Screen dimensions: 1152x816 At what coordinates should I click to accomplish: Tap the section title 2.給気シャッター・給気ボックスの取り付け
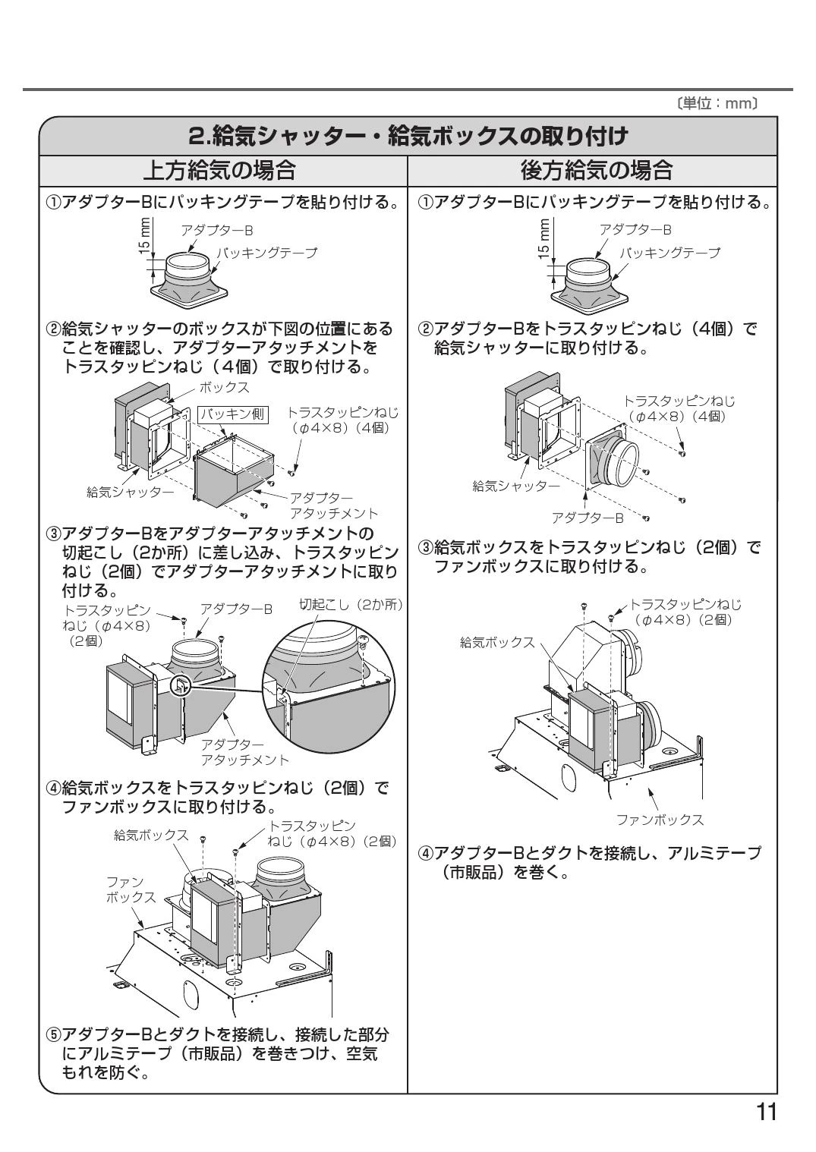tap(408, 137)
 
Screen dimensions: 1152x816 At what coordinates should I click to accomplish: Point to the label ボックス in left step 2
tap(224, 387)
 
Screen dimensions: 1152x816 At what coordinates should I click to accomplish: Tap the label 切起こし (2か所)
tap(350, 605)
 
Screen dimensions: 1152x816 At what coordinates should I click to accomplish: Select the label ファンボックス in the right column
tap(659, 820)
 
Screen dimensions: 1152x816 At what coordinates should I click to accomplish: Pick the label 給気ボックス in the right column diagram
tap(497, 642)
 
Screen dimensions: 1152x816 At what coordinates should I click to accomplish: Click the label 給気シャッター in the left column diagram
tap(130, 491)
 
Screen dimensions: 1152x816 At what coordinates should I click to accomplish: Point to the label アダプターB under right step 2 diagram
tap(587, 517)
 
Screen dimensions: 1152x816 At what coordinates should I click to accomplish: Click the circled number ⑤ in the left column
tap(52, 1034)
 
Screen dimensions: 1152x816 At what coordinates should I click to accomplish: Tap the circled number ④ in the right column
tap(427, 853)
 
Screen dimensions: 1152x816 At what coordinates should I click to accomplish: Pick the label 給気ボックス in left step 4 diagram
tap(150, 835)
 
